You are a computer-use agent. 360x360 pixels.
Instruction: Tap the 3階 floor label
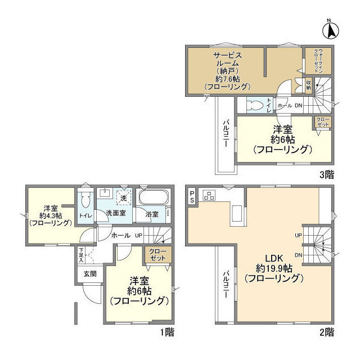pos(326,175)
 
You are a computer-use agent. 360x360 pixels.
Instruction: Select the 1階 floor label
pos(166,332)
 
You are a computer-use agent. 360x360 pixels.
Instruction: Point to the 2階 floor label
pos(326,332)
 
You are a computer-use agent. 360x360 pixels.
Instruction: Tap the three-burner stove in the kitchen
pos(210,196)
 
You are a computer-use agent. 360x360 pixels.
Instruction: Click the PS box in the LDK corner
pos(192,196)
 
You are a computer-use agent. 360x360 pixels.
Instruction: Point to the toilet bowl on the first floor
pos(85,201)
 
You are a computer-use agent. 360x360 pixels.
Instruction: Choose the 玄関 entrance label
pos(90,273)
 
